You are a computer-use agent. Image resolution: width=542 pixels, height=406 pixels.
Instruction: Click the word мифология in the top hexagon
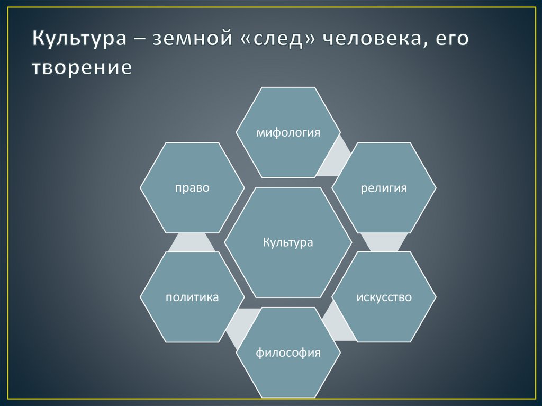point(288,132)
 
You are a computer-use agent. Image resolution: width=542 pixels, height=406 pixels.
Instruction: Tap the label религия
point(384,188)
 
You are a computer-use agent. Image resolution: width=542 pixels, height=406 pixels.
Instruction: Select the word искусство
point(384,297)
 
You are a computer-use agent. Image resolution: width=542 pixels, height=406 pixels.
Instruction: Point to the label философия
point(288,353)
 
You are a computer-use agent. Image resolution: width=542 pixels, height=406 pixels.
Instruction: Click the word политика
point(192,297)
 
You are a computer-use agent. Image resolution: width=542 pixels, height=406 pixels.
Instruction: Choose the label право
point(192,188)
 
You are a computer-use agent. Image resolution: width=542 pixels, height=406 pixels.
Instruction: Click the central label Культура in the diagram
point(288,243)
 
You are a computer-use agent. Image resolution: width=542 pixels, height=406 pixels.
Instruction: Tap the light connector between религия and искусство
point(384,242)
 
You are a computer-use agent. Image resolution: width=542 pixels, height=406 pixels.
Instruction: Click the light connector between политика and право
point(192,242)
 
